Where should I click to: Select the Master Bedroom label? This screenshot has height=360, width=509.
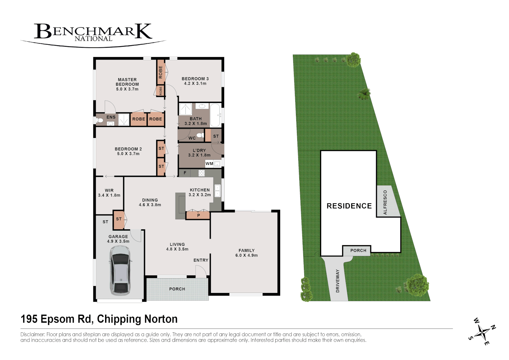click(x=127, y=82)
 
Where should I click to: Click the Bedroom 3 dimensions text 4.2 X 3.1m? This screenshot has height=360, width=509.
click(x=195, y=84)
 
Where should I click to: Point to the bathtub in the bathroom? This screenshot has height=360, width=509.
click(x=215, y=115)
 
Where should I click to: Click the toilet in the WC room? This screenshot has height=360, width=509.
click(x=200, y=135)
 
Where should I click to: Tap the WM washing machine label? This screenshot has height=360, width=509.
click(x=209, y=164)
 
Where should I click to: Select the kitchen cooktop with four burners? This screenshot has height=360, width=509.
click(x=201, y=173)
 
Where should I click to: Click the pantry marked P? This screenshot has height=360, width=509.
click(x=198, y=215)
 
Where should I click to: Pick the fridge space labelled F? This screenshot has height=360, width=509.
click(x=185, y=173)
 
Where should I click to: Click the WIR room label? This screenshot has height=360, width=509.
click(x=109, y=191)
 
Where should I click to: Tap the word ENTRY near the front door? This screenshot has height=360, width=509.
click(x=201, y=260)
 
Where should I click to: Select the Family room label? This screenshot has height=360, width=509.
click(x=246, y=251)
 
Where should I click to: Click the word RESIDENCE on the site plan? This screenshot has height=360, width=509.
click(x=349, y=206)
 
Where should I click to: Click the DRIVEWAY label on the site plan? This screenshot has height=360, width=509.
click(x=338, y=281)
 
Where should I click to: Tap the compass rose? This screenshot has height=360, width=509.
click(x=482, y=332)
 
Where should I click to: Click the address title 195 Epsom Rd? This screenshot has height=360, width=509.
click(x=99, y=319)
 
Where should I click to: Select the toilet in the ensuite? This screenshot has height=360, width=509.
click(x=99, y=120)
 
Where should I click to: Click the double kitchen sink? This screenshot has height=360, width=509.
click(x=217, y=191)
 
